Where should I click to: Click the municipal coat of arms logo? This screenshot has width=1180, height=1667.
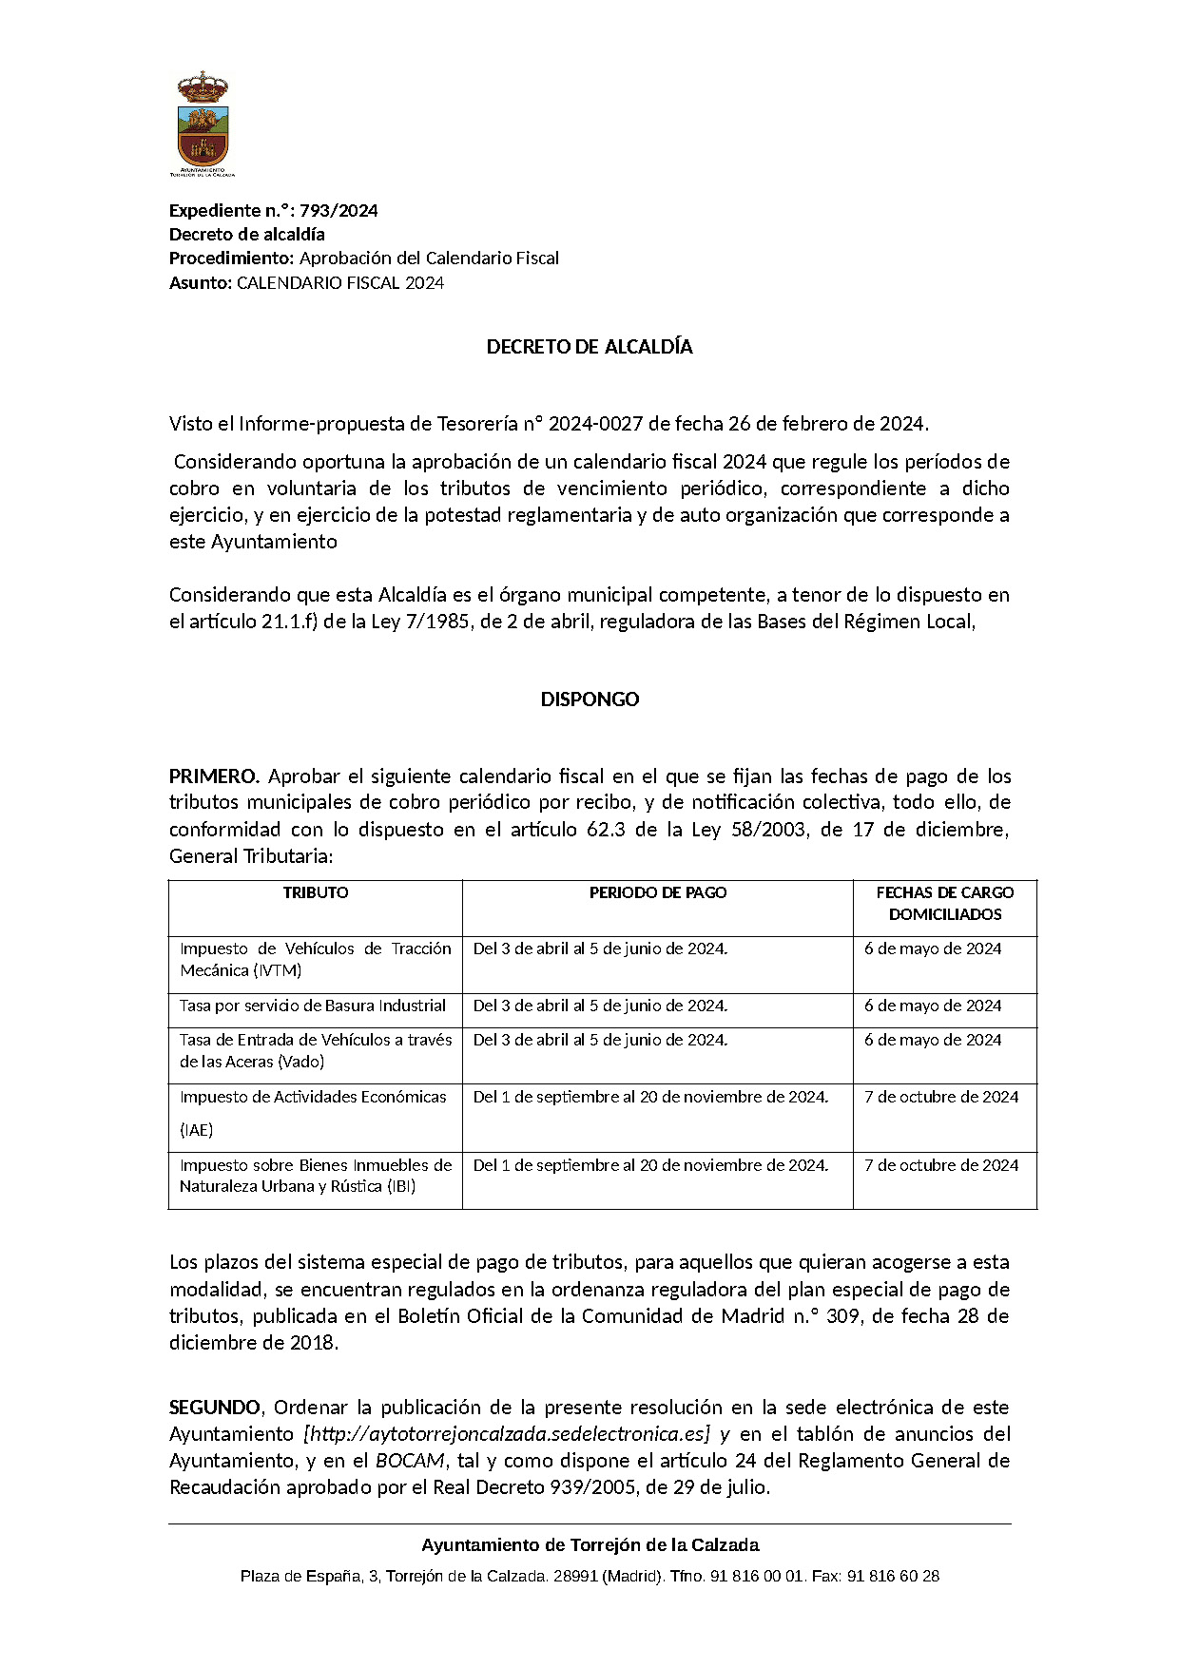(203, 124)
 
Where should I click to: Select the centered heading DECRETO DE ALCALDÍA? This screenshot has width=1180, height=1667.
(590, 347)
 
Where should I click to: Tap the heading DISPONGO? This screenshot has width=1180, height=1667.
(590, 699)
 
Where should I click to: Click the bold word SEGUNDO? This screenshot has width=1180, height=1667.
(215, 1407)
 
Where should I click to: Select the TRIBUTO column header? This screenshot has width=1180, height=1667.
(316, 893)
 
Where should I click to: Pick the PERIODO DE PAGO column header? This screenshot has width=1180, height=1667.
(658, 893)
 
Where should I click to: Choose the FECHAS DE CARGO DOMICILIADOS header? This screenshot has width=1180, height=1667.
(944, 904)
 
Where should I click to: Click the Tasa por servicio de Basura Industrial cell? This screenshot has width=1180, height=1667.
(313, 1006)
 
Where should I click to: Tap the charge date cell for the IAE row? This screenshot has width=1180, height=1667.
(941, 1097)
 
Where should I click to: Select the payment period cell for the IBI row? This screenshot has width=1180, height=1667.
(650, 1165)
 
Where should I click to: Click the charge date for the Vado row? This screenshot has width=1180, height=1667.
(933, 1040)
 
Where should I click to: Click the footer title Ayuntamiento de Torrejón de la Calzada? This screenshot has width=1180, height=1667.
(590, 1545)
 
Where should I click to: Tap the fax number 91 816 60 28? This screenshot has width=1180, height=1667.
(893, 1576)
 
